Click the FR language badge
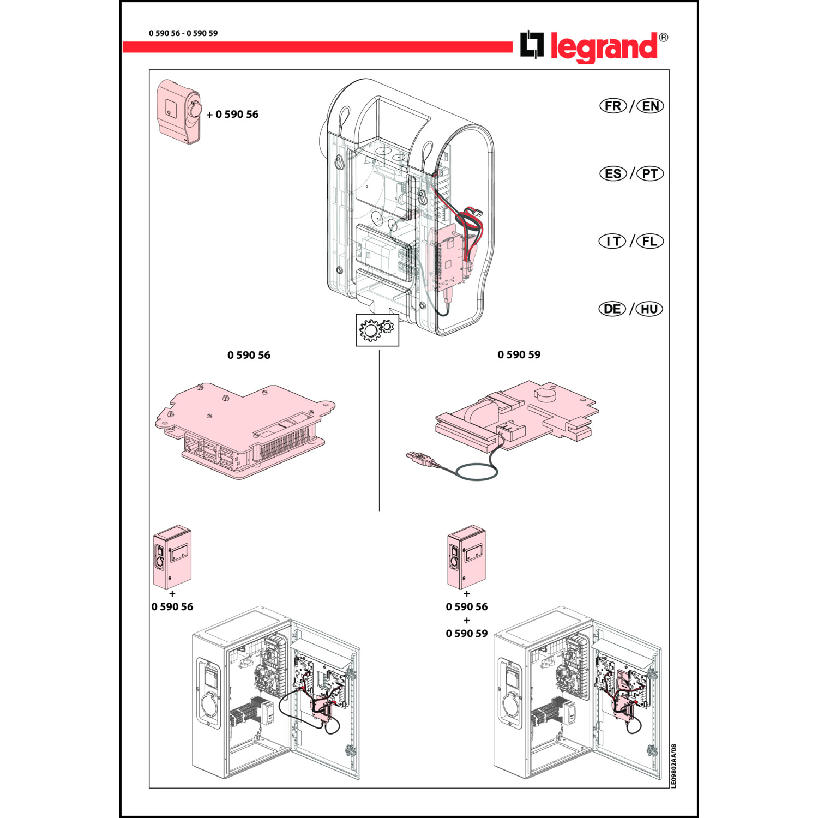[x=613, y=106]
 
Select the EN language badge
[x=650, y=106]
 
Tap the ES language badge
[x=613, y=173]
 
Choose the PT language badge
[x=650, y=173]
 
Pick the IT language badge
[x=612, y=241]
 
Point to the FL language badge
[x=650, y=241]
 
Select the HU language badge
[x=649, y=309]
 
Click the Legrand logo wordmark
[x=604, y=47]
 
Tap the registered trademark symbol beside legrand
[x=663, y=38]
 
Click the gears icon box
[x=377, y=330]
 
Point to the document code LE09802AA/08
[x=673, y=766]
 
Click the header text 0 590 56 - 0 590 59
[x=183, y=33]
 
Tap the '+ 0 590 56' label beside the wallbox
[x=232, y=115]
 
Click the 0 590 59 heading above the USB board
[x=519, y=354]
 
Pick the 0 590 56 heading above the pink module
[x=249, y=355]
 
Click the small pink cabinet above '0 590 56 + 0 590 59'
[x=466, y=557]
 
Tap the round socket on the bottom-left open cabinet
[x=209, y=705]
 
